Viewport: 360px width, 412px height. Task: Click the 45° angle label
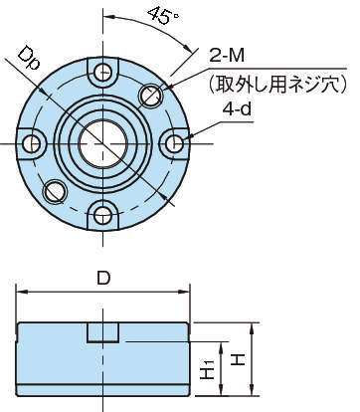pyautogui.click(x=162, y=16)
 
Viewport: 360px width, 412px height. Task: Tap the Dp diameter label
pyautogui.click(x=29, y=58)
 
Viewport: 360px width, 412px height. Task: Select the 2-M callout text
pyautogui.click(x=227, y=56)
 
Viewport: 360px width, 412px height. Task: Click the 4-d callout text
pyautogui.click(x=237, y=108)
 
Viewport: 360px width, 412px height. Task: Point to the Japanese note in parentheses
pyautogui.click(x=277, y=84)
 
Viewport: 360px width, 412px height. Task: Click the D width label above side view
pyautogui.click(x=103, y=278)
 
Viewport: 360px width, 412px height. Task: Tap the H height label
pyautogui.click(x=238, y=359)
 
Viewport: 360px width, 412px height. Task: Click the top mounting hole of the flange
pyautogui.click(x=102, y=72)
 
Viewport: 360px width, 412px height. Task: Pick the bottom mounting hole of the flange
pyautogui.click(x=102, y=216)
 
